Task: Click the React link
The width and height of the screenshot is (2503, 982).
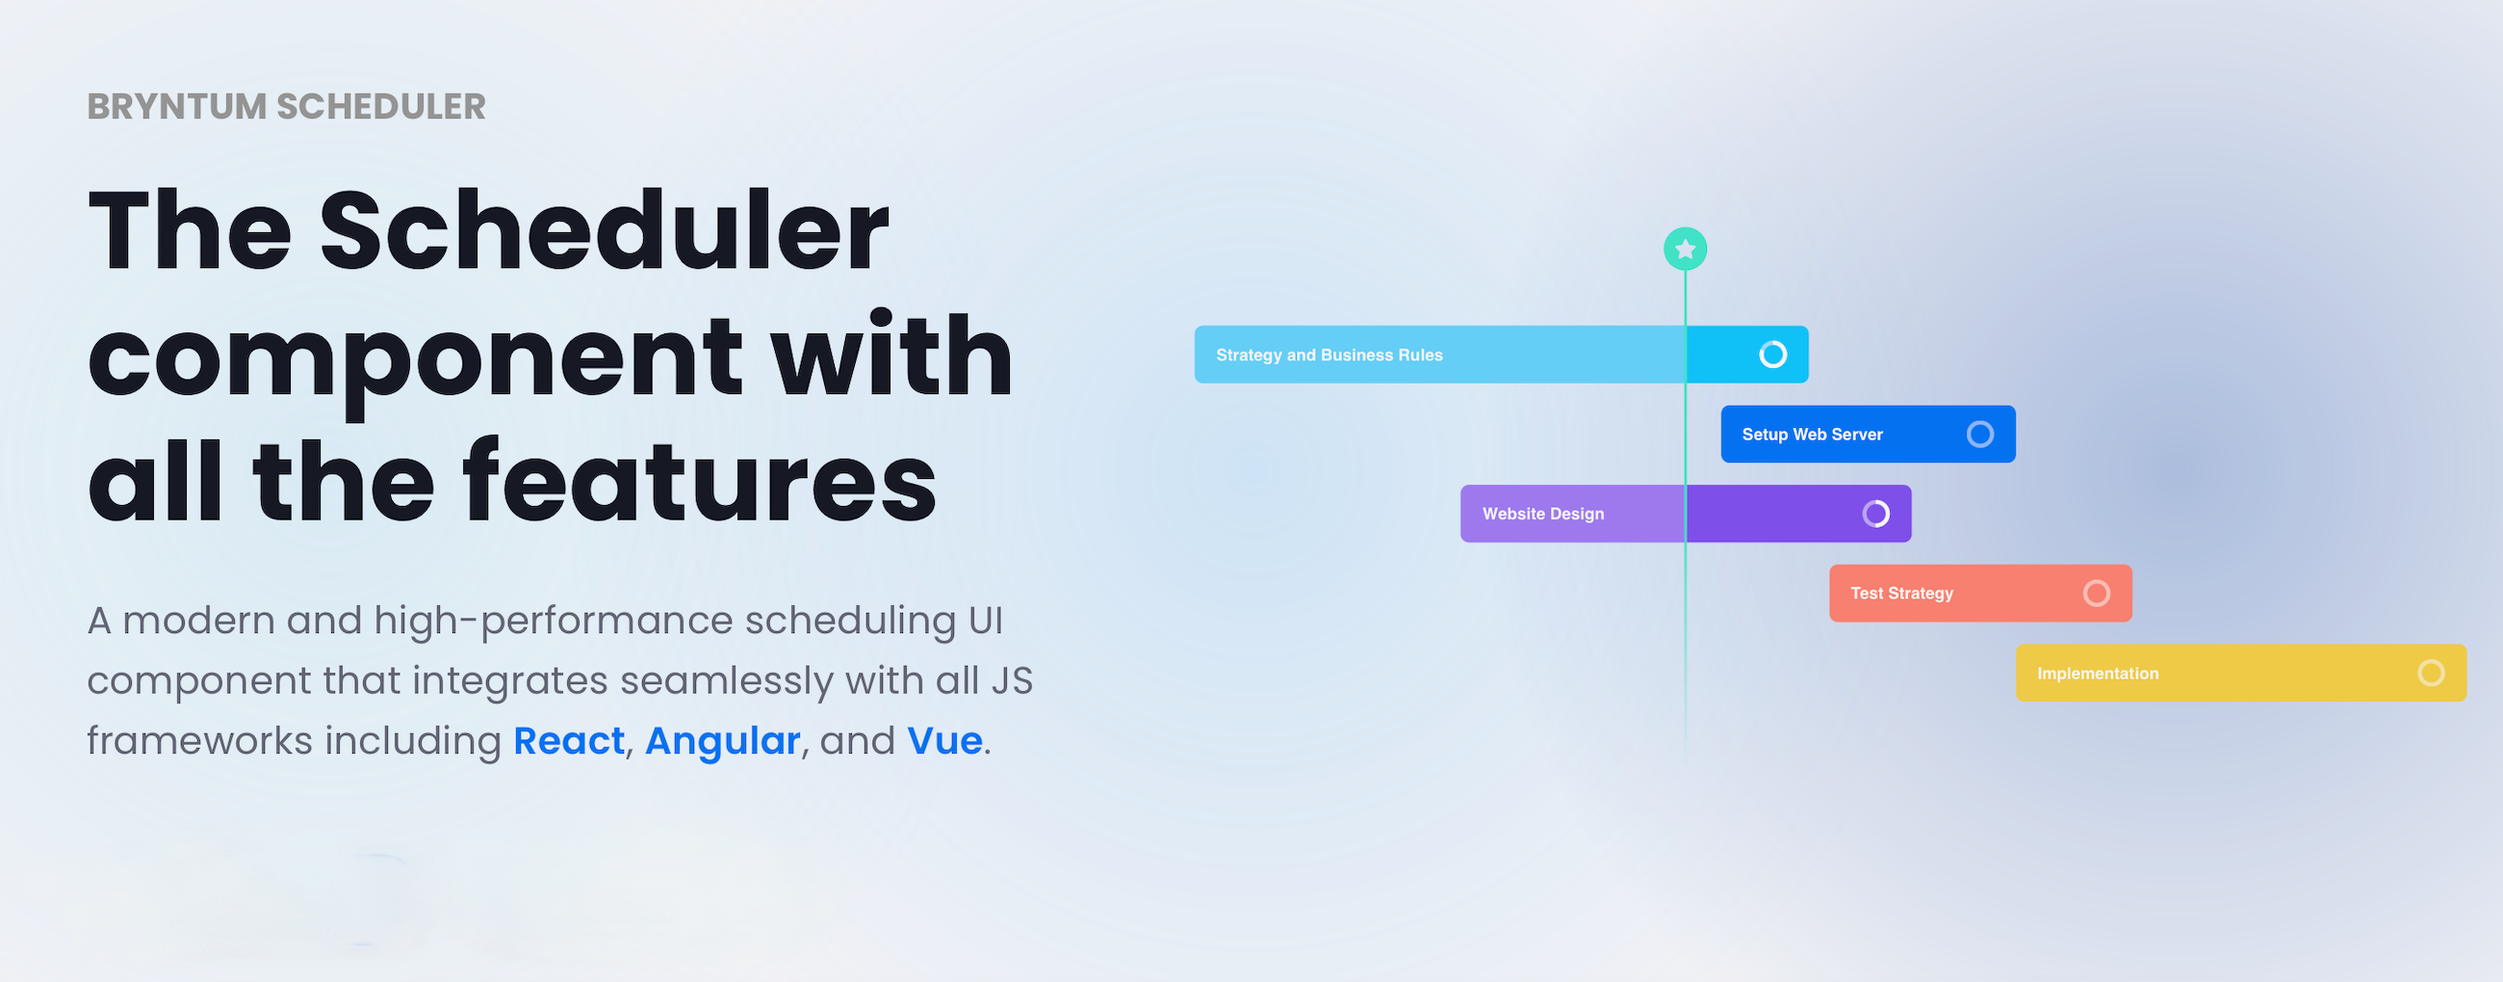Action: [x=568, y=741]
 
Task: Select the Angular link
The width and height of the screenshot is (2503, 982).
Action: [x=722, y=741]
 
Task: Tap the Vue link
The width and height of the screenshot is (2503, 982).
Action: [x=944, y=741]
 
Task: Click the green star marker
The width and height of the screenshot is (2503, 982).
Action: [x=1685, y=250]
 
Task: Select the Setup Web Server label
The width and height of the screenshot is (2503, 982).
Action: [x=1812, y=435]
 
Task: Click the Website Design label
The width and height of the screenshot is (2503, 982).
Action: [x=1543, y=515]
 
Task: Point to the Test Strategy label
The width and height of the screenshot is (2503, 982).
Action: [x=1901, y=593]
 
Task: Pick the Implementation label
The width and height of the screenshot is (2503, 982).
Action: [x=2098, y=674]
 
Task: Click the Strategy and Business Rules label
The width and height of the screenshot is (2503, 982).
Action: [x=1329, y=356]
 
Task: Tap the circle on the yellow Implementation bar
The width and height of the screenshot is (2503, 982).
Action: [x=2430, y=673]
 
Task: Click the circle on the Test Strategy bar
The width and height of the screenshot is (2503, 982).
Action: [x=2096, y=593]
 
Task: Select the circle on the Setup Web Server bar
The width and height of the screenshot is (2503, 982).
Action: [x=1979, y=435]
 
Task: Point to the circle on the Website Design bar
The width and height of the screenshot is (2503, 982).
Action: [x=1875, y=514]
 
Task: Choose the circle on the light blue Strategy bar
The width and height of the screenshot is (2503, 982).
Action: [x=1772, y=355]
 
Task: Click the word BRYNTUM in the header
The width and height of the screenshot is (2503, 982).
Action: [x=176, y=107]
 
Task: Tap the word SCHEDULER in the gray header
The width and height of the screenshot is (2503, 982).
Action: [x=381, y=107]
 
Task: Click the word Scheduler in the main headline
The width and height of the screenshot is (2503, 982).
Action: [x=604, y=231]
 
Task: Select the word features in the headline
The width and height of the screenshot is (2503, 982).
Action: [x=700, y=481]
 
